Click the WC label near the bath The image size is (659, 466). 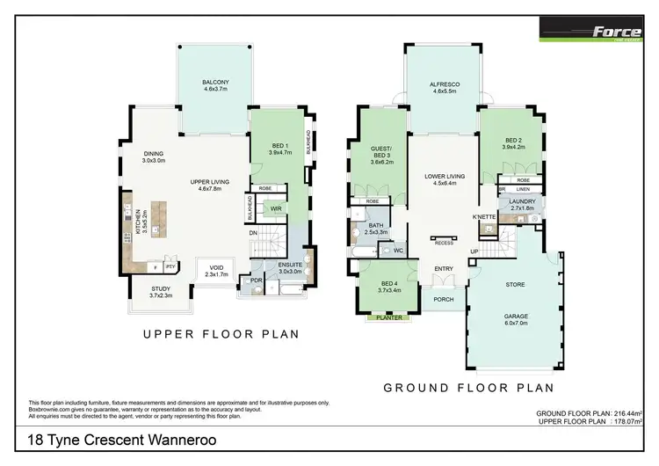tap(397, 251)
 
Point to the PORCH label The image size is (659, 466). tap(444, 299)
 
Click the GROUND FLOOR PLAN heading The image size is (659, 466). tap(467, 387)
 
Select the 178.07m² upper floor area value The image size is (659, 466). tap(624, 420)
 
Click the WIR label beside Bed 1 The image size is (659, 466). tap(275, 208)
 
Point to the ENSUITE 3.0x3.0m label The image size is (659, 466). tap(290, 269)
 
